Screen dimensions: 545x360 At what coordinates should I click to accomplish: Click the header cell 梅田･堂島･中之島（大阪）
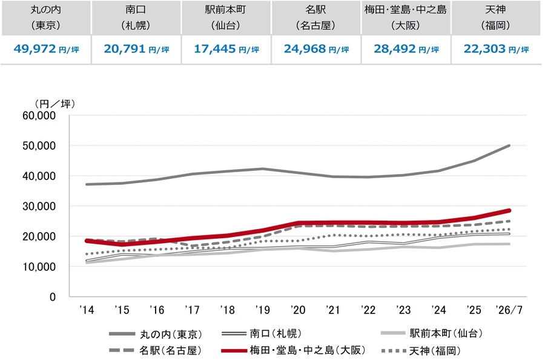click(x=406, y=18)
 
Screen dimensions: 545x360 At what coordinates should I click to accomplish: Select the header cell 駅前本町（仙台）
click(x=226, y=18)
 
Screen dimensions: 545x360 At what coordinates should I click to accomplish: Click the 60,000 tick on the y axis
click(x=39, y=116)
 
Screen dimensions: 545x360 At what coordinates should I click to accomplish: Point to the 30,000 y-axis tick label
click(x=39, y=206)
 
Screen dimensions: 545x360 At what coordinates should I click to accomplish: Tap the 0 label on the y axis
click(x=53, y=297)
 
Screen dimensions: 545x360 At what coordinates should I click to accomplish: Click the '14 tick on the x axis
click(x=87, y=310)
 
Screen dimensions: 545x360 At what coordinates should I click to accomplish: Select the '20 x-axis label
click(x=298, y=310)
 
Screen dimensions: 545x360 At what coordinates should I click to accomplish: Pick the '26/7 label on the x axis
click(x=509, y=310)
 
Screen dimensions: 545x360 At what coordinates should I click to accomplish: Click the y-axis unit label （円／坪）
click(x=54, y=104)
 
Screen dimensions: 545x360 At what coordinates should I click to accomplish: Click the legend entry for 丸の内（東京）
click(x=156, y=335)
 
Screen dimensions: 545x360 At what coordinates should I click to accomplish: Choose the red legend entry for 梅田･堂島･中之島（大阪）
click(x=294, y=350)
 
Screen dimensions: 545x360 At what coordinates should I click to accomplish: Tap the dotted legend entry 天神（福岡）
click(x=421, y=351)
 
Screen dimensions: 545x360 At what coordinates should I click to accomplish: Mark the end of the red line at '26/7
click(x=509, y=210)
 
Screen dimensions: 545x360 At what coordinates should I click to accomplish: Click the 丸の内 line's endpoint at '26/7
click(x=509, y=145)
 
